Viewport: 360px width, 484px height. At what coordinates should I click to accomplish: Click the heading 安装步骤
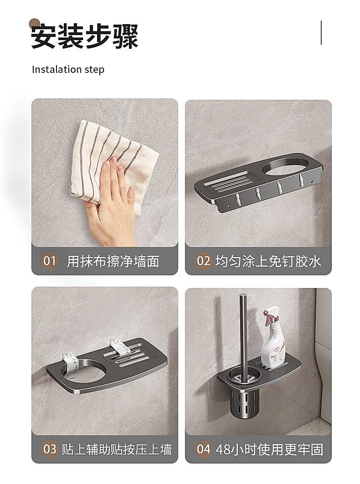click(85, 36)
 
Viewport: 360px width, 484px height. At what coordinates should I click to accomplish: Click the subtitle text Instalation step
click(68, 69)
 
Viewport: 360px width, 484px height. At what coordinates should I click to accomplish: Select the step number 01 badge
click(49, 261)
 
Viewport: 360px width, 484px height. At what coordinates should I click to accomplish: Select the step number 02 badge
click(203, 261)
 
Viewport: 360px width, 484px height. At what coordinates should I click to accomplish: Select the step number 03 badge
click(49, 449)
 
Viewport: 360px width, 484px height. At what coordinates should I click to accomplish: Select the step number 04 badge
click(203, 449)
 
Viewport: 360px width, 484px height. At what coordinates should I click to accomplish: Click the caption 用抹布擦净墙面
click(113, 262)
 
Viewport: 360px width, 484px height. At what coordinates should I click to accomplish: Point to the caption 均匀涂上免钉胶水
click(268, 261)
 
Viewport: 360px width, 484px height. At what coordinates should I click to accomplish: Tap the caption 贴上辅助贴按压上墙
click(116, 449)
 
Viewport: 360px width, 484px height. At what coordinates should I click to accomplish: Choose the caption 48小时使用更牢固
click(269, 449)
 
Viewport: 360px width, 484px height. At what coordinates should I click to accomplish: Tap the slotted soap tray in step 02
click(229, 181)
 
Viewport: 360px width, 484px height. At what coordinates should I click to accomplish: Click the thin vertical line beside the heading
click(321, 33)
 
